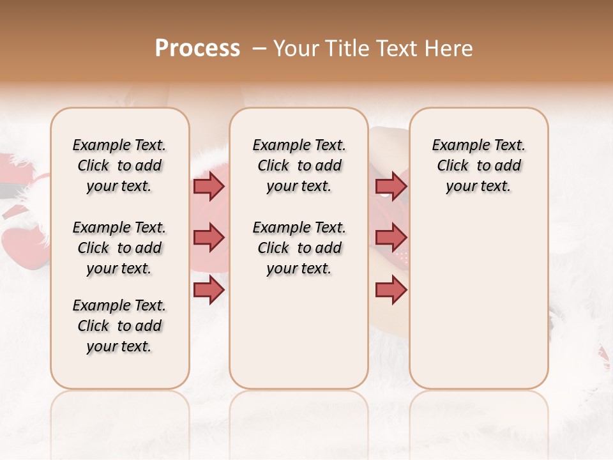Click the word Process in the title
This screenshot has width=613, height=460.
[197, 49]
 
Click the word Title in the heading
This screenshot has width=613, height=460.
[345, 49]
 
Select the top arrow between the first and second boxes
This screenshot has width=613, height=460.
[209, 186]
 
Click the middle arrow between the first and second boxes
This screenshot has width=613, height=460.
[209, 238]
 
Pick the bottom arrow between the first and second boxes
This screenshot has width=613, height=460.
[209, 290]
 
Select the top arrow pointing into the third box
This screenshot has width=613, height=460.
[391, 186]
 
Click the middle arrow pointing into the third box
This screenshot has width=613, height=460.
[391, 238]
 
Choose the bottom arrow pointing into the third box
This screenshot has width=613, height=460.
[391, 290]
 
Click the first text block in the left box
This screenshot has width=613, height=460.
[119, 165]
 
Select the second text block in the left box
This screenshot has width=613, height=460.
[119, 248]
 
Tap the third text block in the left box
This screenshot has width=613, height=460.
[119, 326]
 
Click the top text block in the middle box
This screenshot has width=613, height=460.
[299, 165]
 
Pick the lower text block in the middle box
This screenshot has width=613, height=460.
[299, 248]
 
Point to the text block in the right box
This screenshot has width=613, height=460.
[479, 165]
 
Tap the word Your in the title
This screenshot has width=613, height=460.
[297, 49]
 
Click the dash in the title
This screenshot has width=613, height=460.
[259, 49]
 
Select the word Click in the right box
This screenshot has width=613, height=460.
[453, 166]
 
